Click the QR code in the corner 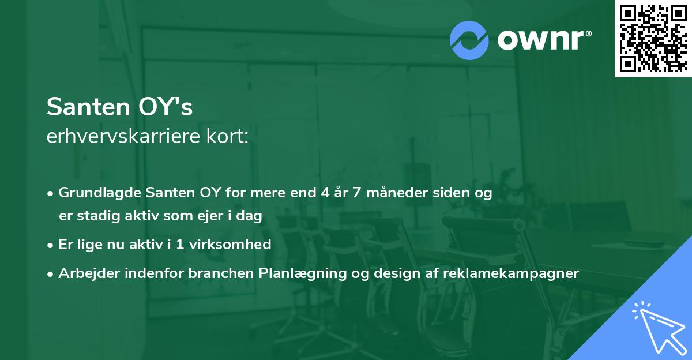[653, 39]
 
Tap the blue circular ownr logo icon [469, 40]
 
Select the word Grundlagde [100, 193]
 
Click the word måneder [398, 193]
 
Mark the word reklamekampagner [511, 273]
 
